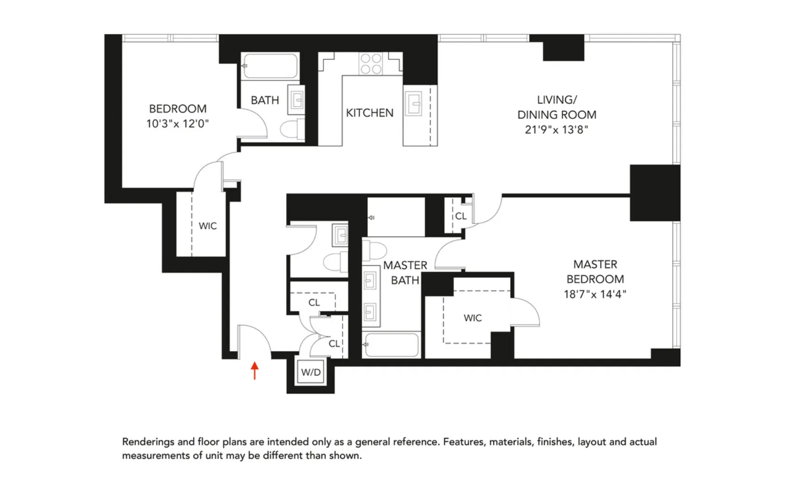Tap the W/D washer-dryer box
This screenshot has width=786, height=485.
point(311,372)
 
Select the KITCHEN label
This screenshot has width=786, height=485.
point(369,113)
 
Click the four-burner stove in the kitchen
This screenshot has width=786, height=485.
point(371,64)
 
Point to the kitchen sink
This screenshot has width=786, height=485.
point(413,103)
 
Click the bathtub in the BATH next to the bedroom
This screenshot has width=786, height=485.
point(270,66)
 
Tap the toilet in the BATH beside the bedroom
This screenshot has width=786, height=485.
point(292,129)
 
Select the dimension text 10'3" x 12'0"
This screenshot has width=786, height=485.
point(177,124)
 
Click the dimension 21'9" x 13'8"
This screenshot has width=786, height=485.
point(556,130)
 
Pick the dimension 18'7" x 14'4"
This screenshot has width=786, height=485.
point(594,294)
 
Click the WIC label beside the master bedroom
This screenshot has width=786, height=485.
point(472,318)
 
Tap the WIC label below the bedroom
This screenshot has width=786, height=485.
point(207,226)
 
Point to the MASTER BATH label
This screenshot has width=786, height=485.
point(405,273)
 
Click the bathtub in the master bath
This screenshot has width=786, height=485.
point(392,345)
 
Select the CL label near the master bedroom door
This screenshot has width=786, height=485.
point(461,216)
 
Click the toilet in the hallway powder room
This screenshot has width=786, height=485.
point(335,262)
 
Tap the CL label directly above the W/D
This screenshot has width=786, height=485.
point(334,344)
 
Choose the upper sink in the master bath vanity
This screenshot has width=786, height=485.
point(370,280)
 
